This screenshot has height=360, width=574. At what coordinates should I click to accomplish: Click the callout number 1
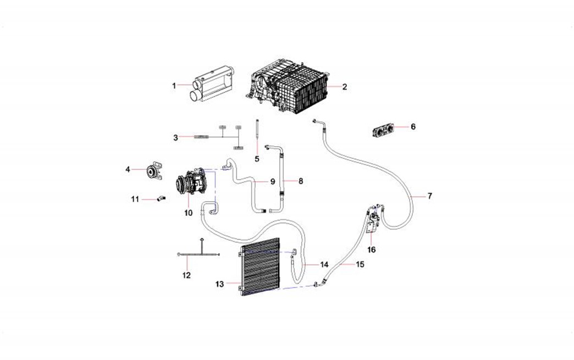[174, 86]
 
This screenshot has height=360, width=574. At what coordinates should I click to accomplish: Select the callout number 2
[345, 87]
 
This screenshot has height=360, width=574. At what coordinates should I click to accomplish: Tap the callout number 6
[413, 126]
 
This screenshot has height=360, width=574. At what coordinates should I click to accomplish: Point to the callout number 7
[430, 196]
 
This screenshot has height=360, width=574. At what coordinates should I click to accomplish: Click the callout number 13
[219, 284]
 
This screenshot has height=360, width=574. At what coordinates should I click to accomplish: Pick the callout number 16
[372, 250]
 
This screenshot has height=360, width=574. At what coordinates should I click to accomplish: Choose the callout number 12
[186, 275]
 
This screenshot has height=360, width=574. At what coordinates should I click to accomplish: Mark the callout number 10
[188, 213]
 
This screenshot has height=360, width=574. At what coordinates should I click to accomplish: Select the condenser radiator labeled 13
[260, 267]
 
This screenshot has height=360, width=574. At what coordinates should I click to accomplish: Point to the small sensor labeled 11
[161, 198]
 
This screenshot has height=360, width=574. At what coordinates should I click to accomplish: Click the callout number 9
[272, 181]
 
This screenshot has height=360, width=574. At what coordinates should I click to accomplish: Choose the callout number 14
[324, 264]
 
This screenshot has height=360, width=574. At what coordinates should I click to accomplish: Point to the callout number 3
[176, 137]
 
